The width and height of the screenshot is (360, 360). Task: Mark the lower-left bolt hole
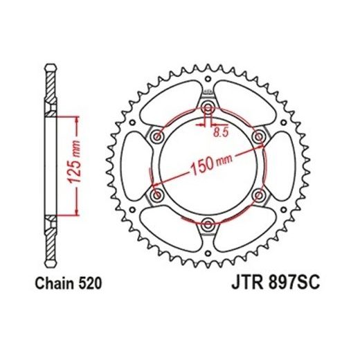157,195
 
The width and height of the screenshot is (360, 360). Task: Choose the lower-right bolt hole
258,195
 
